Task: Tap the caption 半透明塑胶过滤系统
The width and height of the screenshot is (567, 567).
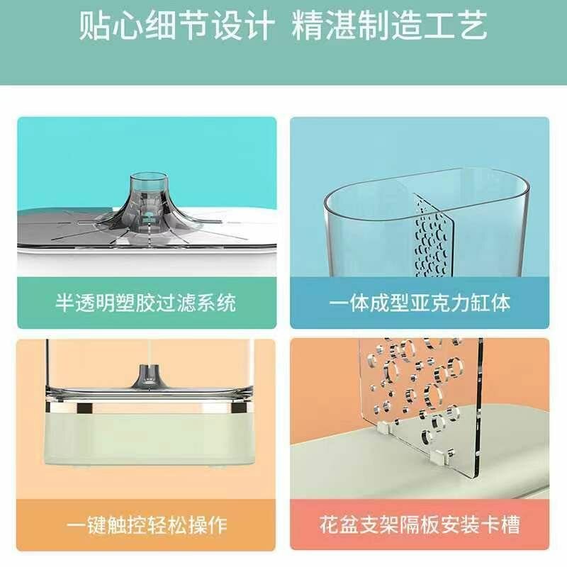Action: click(x=146, y=303)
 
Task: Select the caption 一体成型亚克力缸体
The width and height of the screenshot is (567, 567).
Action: click(x=420, y=303)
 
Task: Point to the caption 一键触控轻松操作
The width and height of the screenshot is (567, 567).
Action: click(x=146, y=525)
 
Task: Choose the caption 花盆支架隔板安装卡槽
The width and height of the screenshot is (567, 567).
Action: click(x=420, y=525)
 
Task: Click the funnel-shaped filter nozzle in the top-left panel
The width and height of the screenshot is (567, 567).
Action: click(x=146, y=202)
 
